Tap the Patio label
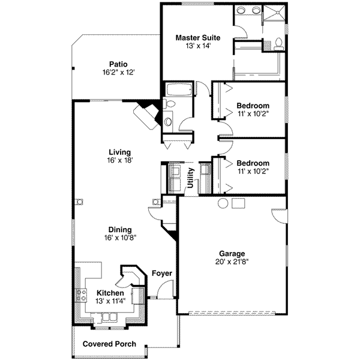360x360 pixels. [118, 64]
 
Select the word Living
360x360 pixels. [119, 152]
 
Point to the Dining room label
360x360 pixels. [119, 229]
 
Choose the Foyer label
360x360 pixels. [162, 274]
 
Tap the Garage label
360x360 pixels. [232, 253]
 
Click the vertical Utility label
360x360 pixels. [190, 178]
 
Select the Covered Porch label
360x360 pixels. [109, 344]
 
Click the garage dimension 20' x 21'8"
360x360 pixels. [232, 262]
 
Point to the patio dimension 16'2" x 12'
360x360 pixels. [118, 72]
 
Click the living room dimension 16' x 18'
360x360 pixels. [119, 160]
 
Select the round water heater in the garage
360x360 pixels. [223, 203]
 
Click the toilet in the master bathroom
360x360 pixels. [279, 44]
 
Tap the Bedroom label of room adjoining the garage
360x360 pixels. [252, 163]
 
